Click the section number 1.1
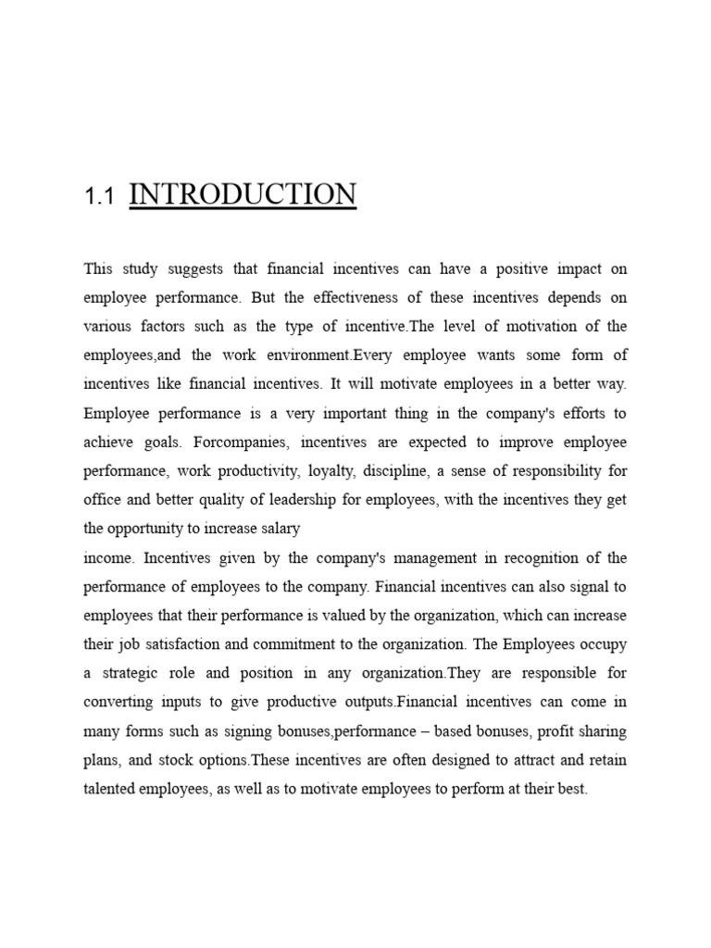coord(97,196)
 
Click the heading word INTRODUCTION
coord(243,194)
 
